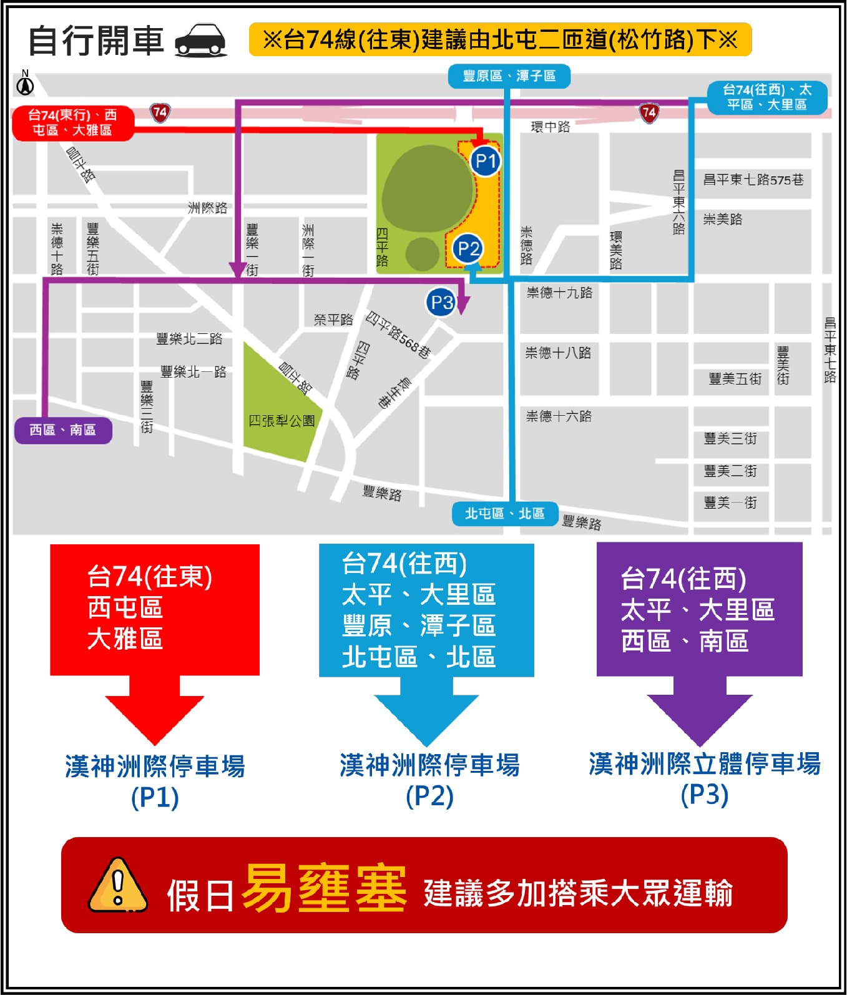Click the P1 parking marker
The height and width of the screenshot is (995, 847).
(486, 161)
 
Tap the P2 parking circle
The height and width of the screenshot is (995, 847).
(468, 249)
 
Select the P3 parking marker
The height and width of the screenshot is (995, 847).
(442, 302)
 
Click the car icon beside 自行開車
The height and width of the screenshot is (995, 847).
(201, 41)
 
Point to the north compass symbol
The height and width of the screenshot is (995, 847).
(25, 84)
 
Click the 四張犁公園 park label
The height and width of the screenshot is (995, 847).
(282, 421)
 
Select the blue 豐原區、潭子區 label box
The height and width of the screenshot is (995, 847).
(509, 76)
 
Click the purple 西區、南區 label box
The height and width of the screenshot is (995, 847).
(63, 430)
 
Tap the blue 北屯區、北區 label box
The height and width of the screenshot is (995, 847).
(504, 514)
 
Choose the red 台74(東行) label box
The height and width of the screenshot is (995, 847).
(72, 122)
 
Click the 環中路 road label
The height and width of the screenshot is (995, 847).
(550, 127)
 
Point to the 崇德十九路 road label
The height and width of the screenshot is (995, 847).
(559, 293)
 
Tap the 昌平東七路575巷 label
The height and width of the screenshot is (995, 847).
(753, 180)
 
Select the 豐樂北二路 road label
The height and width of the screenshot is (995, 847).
(189, 339)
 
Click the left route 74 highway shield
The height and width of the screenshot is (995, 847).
(160, 112)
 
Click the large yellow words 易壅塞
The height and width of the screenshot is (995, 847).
(323, 888)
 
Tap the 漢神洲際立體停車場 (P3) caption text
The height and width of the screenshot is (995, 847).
(705, 778)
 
